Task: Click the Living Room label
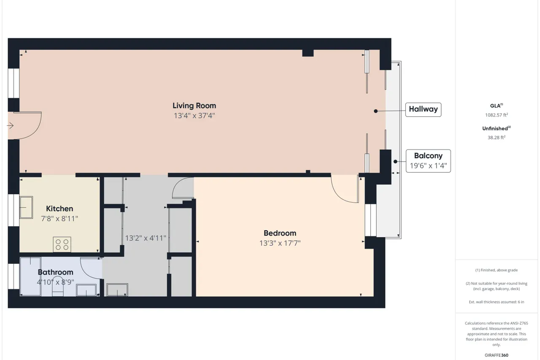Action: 194,106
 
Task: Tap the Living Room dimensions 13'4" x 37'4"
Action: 194,116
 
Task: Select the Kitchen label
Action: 59,208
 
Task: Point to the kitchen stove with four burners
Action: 62,244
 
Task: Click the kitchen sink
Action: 26,207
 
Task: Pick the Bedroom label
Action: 280,233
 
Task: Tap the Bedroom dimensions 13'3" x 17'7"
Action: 280,243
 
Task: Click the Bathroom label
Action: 55,272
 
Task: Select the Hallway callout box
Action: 423,110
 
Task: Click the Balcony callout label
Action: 428,156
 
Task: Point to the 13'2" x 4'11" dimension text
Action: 146,238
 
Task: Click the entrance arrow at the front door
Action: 10,126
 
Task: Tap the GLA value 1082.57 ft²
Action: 497,115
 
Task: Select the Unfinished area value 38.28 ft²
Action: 497,138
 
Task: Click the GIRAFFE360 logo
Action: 497,355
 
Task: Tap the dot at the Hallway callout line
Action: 375,111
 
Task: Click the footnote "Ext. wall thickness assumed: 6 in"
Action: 497,302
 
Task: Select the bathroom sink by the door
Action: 86,290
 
